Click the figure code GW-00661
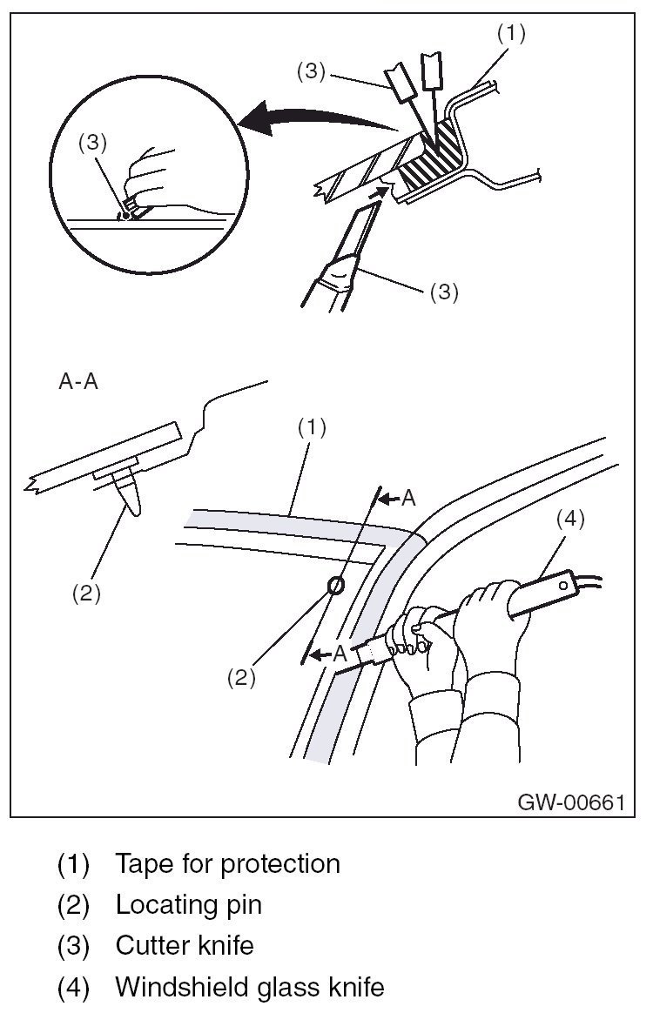click(x=571, y=801)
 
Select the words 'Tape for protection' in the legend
click(x=227, y=864)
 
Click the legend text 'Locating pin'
click(x=188, y=905)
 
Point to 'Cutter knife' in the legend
click(x=185, y=946)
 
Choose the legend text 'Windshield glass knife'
click(x=249, y=987)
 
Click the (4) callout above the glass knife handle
click(x=570, y=520)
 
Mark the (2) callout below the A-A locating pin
click(x=86, y=594)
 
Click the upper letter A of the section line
click(x=410, y=499)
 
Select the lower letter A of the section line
click(x=340, y=653)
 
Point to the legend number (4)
click(x=73, y=987)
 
